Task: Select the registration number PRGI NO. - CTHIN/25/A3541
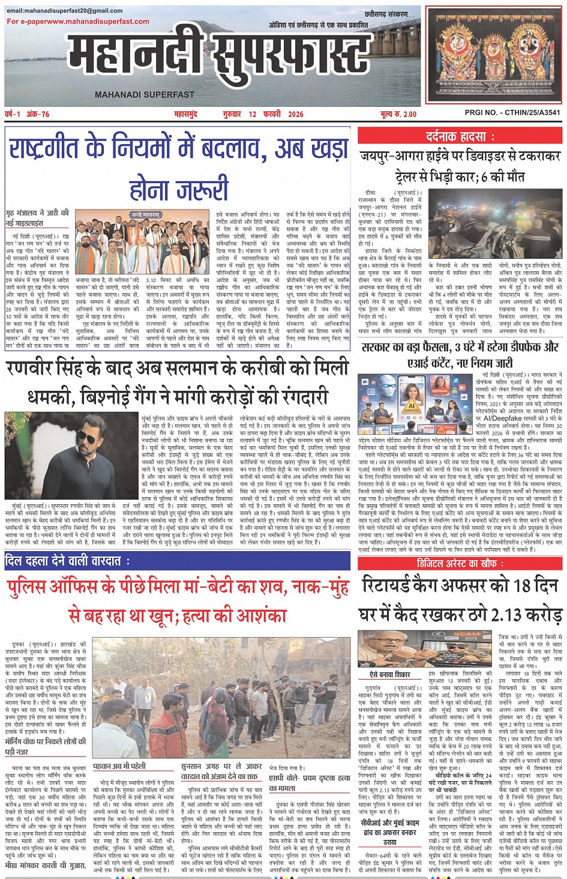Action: tap(512, 112)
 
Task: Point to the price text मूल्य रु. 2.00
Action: tap(398, 114)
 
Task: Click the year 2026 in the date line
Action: tap(296, 114)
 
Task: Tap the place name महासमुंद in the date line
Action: tap(185, 114)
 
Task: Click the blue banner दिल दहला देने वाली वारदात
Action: tap(67, 561)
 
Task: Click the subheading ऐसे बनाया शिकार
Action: tap(389, 675)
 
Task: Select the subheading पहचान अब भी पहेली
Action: tap(119, 766)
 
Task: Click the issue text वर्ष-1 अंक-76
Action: tap(28, 114)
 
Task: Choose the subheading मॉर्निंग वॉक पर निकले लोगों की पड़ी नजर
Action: tap(46, 746)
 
